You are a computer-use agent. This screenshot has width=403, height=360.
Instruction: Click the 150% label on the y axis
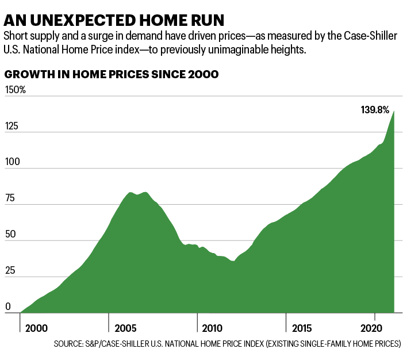click(x=15, y=90)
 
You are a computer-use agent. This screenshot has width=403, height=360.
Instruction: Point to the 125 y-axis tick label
click(x=11, y=126)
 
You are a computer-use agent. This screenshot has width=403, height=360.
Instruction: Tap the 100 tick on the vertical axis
click(x=11, y=162)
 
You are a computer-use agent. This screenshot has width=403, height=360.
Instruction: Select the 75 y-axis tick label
click(x=10, y=198)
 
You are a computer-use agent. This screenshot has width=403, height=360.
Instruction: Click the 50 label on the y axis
click(x=10, y=235)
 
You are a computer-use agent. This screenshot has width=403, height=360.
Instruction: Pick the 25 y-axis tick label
click(x=10, y=271)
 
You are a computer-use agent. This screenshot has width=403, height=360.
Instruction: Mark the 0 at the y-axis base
click(x=7, y=307)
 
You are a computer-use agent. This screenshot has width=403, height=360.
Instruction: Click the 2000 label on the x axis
click(x=36, y=328)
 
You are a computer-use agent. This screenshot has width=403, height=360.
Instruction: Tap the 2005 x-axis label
click(x=125, y=328)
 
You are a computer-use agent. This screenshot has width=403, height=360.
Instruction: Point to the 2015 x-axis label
click(x=302, y=328)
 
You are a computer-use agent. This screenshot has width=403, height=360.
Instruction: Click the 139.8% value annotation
click(x=375, y=109)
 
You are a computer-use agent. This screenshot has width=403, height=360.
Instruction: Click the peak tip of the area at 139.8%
click(x=394, y=112)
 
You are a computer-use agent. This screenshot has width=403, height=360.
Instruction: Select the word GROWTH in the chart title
click(x=28, y=75)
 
